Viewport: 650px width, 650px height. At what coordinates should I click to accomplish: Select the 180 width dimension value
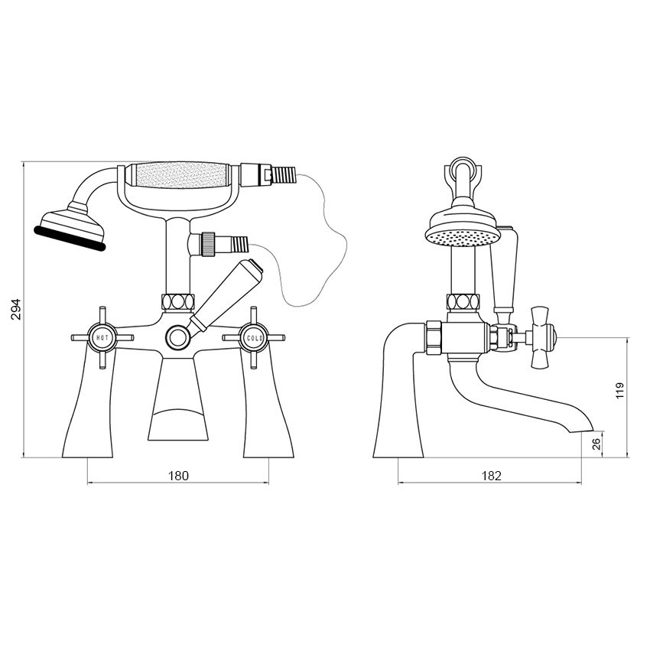177,476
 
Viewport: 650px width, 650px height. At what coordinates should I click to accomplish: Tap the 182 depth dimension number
491,476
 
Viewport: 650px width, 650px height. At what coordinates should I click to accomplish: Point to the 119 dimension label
620,390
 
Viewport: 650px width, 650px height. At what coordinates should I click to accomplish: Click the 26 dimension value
596,444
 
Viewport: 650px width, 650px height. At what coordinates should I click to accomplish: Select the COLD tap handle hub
253,336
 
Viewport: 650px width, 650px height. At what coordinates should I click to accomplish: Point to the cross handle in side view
544,336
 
